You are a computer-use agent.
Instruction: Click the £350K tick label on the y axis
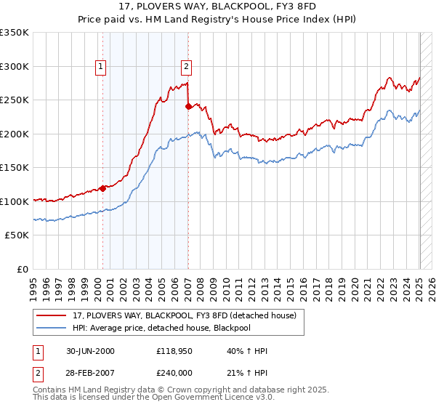[15, 33]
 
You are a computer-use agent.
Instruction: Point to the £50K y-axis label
[17, 235]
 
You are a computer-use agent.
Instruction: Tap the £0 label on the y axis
[23, 269]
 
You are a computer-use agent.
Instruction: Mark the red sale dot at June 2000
[102, 188]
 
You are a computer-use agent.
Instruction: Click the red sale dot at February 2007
[188, 106]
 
